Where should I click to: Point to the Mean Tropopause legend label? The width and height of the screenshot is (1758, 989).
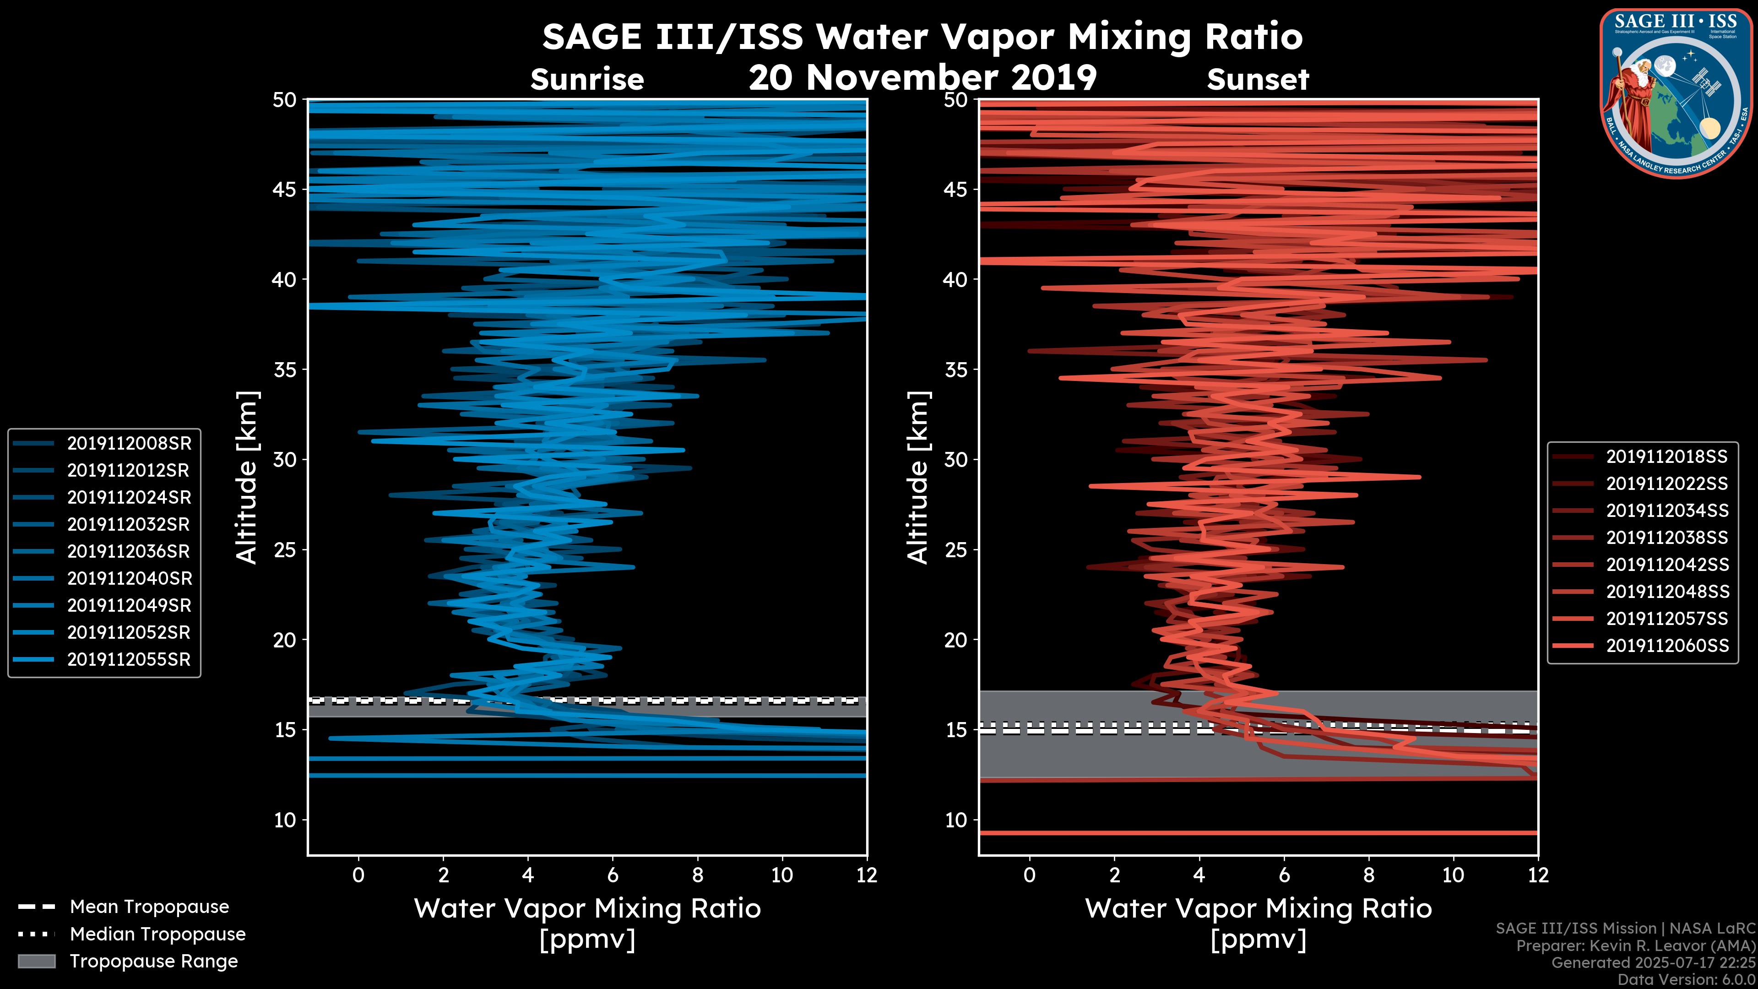point(149,907)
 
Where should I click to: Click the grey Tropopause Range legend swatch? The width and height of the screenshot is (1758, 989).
point(36,961)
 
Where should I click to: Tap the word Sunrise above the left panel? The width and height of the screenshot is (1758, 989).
point(587,80)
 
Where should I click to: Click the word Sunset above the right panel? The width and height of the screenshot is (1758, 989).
point(1258,80)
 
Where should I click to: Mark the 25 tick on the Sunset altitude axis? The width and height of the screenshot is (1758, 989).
point(956,550)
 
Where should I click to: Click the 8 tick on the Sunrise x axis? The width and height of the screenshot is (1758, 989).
point(697,875)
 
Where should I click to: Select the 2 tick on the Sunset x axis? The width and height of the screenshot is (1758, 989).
point(1114,875)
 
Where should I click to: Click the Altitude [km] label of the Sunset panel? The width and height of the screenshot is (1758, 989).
point(918,478)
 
